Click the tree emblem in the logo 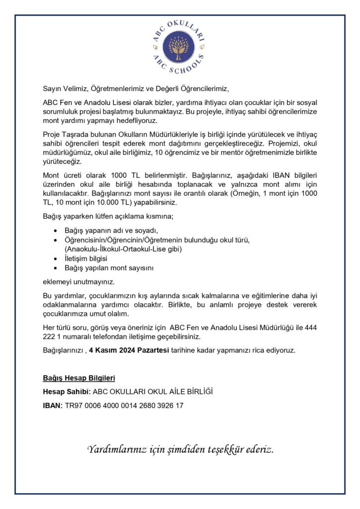(179, 47)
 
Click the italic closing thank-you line (180, 450)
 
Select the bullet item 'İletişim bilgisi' (86, 259)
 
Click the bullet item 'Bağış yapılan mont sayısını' (109, 268)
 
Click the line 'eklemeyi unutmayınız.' (79, 282)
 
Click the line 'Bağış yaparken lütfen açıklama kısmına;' (108, 217)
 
